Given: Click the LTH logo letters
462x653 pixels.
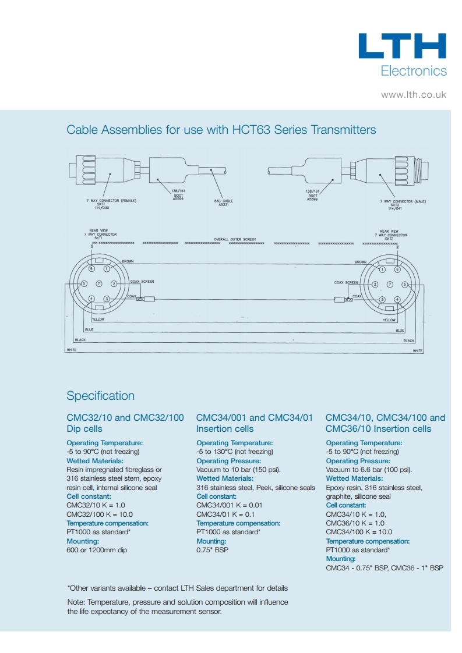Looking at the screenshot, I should click(402, 47).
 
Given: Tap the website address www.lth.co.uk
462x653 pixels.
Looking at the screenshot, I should click(414, 94).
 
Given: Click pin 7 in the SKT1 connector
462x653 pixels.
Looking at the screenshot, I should click(99, 283).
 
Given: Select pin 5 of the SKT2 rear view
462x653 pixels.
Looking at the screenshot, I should click(404, 284).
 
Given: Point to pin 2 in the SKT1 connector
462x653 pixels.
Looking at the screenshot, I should click(114, 283).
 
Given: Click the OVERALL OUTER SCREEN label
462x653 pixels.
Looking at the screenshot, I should click(235, 239).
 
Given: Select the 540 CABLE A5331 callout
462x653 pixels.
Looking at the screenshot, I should click(223, 203).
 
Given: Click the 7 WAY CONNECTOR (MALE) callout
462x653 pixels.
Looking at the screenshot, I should click(403, 201).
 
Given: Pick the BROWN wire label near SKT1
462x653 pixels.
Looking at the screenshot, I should click(128, 261).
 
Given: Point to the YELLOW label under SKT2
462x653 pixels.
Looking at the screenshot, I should click(389, 320).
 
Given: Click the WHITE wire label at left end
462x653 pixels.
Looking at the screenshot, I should click(72, 350).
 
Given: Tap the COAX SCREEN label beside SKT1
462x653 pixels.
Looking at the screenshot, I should click(142, 282).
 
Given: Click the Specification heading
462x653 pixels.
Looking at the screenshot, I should click(100, 396).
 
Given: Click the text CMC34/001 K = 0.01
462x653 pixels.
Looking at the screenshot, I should click(229, 505).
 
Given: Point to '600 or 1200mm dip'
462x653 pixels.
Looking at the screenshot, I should click(97, 550).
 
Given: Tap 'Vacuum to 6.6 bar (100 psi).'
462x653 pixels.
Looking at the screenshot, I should click(369, 470).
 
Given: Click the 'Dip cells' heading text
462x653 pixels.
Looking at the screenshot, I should click(84, 429).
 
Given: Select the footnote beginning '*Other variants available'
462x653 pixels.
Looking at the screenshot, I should click(177, 588).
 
